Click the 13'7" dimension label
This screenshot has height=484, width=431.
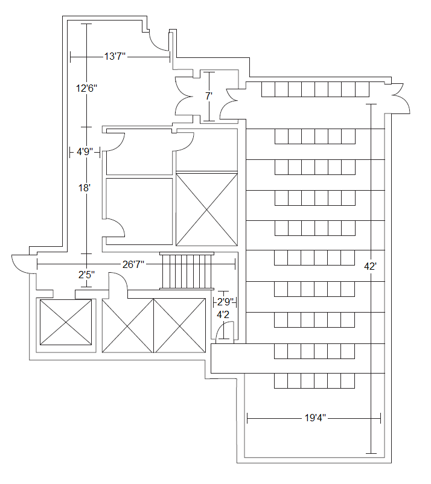(115, 57)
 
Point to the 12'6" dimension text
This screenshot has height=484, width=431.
(86, 88)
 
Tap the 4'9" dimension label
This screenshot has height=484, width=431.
(85, 151)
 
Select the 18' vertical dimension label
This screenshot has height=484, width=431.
(84, 188)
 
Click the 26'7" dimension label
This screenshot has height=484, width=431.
(133, 264)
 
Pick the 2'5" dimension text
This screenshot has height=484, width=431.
(86, 275)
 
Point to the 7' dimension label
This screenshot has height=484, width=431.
(209, 97)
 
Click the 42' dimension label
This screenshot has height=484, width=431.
(370, 266)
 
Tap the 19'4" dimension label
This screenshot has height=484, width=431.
(315, 418)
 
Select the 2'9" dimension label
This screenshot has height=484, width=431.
(225, 301)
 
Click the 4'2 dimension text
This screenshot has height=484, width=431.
(223, 315)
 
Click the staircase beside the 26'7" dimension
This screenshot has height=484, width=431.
(187, 271)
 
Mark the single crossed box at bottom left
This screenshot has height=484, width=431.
(66, 322)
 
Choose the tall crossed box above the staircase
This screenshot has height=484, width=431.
(206, 209)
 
